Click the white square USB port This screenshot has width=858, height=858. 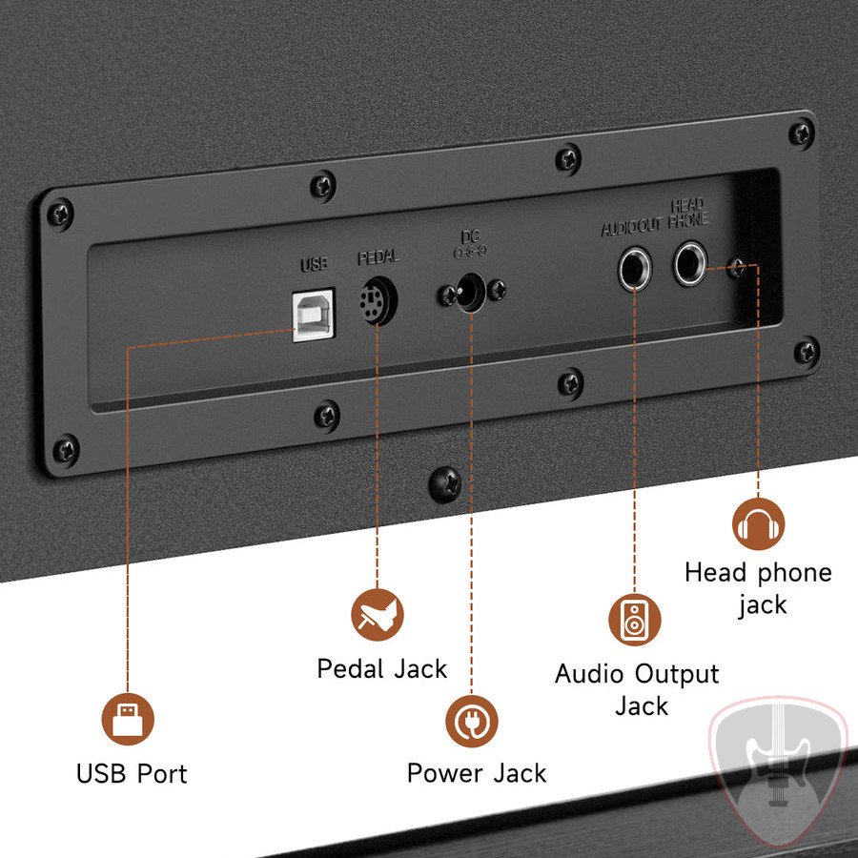(x=313, y=316)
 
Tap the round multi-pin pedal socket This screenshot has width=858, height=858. (x=378, y=301)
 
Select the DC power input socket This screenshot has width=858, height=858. (x=471, y=293)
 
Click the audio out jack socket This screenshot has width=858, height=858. (x=635, y=268)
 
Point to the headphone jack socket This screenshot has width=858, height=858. (x=689, y=264)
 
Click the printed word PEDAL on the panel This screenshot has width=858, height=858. (x=378, y=257)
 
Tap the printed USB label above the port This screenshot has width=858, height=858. (x=314, y=264)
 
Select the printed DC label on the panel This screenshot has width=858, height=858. (x=470, y=236)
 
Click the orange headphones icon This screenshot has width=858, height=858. (x=759, y=523)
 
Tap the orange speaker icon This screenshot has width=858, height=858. (x=635, y=620)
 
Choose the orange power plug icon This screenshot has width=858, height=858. (x=472, y=721)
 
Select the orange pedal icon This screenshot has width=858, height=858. (x=377, y=615)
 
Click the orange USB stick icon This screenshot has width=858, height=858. (x=128, y=719)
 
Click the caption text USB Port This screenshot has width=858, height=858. (x=132, y=774)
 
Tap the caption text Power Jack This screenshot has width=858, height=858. (x=477, y=773)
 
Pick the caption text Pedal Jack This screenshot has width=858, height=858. (x=382, y=668)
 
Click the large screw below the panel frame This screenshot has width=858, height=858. (x=444, y=484)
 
